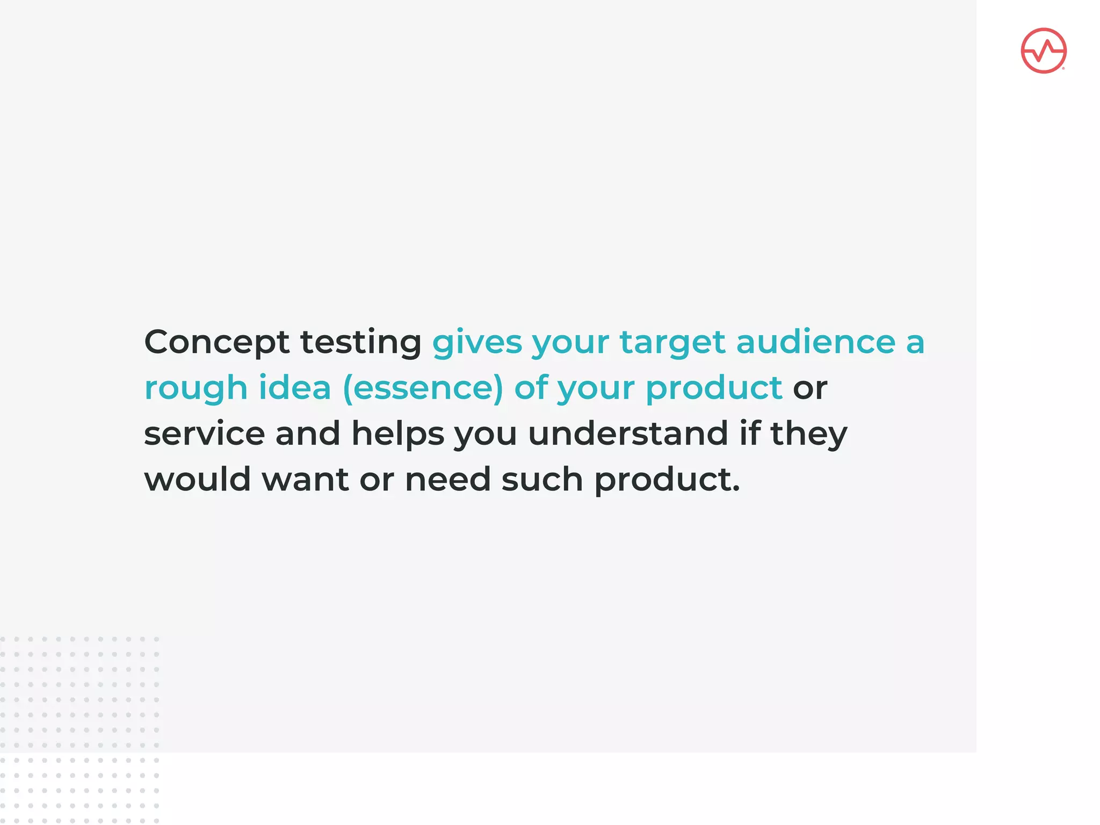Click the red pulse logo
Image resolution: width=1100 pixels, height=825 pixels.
pos(1043,50)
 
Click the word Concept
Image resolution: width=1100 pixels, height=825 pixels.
pos(216,342)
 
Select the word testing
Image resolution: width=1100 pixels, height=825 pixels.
pos(360,342)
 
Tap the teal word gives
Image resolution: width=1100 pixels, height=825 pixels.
pos(477,342)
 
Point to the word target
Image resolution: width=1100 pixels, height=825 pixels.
pos(672,342)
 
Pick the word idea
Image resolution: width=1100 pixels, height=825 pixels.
pos(294,387)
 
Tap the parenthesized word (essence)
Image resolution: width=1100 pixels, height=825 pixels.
pos(423,388)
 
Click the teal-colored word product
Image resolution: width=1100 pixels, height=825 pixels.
pos(714,388)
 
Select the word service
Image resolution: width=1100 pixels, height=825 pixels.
pos(204,433)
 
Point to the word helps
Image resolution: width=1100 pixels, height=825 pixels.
pos(397,433)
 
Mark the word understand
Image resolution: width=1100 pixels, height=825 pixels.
pos(627,433)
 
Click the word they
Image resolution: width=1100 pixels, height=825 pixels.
pos(808,433)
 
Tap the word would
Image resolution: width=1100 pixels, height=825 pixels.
pos(197,479)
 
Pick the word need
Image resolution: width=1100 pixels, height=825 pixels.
pos(447,479)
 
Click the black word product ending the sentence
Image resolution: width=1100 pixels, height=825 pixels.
pos(666,480)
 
